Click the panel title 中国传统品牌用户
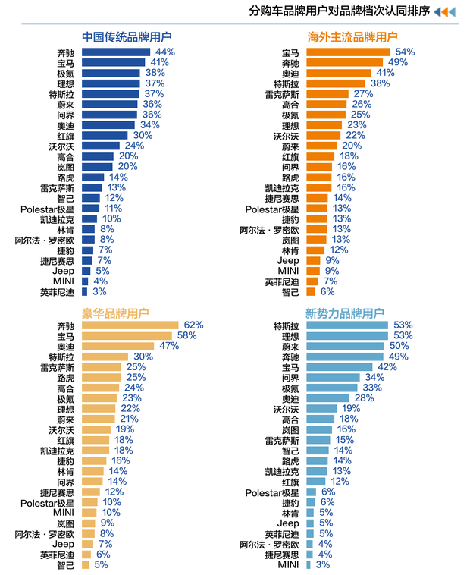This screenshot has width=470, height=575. (x=127, y=36)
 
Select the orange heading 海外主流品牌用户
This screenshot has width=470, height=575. (x=352, y=36)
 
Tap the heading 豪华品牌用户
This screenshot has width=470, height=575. (x=115, y=313)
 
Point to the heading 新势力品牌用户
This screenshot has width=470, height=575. (x=345, y=313)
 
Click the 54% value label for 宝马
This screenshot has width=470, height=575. (x=406, y=52)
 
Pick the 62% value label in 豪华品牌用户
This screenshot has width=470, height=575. (x=193, y=325)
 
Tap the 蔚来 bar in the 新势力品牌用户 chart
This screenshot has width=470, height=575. (x=345, y=346)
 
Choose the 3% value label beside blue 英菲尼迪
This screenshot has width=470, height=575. (x=99, y=291)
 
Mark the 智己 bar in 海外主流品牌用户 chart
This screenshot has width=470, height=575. (x=311, y=291)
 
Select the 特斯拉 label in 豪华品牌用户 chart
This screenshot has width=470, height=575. (x=61, y=357)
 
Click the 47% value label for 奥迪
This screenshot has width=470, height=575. (x=168, y=346)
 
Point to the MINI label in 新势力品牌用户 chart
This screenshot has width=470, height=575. (x=288, y=564)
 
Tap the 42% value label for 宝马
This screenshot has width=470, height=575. (x=387, y=367)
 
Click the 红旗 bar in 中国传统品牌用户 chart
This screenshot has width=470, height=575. (x=105, y=136)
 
